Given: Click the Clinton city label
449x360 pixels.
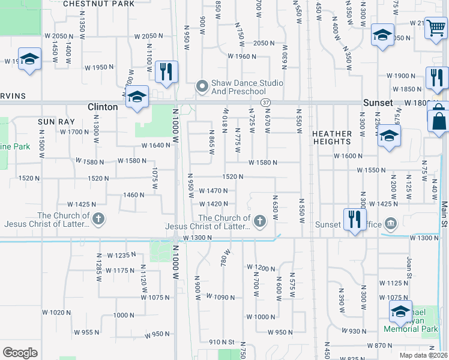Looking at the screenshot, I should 103,107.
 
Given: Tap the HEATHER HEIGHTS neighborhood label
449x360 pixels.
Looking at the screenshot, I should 331,137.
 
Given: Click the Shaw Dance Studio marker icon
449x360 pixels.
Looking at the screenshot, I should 203,87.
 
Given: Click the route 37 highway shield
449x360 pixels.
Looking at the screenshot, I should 266,103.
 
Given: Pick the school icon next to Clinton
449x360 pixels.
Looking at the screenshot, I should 137,97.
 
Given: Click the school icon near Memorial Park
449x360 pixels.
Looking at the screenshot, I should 400,311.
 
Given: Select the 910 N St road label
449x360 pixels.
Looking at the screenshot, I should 221,342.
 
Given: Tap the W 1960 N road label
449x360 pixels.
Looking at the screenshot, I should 242,56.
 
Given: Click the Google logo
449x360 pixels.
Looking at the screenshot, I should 20,353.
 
